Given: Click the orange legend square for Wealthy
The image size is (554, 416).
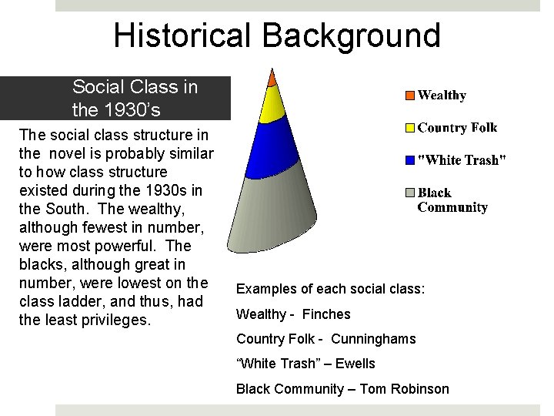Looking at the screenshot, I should pos(410,96).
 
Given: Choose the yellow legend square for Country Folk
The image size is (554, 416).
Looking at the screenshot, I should pos(410,128).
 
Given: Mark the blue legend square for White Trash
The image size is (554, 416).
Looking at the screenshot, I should pos(410,160).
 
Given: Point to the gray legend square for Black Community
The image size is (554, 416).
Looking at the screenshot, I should pos(410,193).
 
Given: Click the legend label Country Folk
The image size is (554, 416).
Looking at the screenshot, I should pos(457,128).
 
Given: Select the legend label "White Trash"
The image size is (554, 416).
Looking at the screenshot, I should pos(462,160).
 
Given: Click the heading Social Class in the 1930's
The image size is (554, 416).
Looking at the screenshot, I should pos(135,98).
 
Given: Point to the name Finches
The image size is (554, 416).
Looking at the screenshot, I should pos(326,314).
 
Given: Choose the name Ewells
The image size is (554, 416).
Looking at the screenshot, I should pos(356,364).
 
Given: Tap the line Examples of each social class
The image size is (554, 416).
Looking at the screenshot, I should pos(330,289).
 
